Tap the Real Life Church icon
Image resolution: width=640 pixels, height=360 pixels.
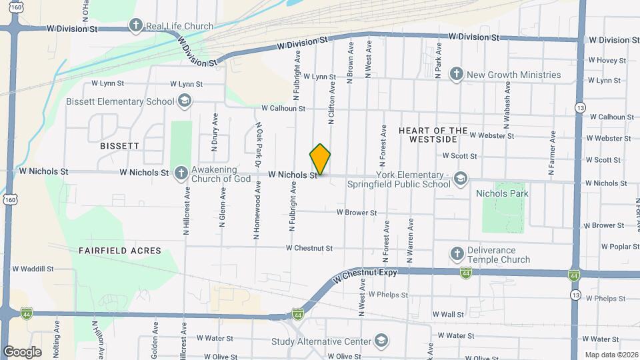pyautogui.click(x=136, y=27)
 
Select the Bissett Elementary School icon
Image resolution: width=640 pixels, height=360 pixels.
pyautogui.click(x=185, y=101)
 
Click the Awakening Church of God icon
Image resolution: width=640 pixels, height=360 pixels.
pyautogui.click(x=181, y=173)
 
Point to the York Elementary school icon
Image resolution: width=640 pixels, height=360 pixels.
pyautogui.click(x=460, y=179)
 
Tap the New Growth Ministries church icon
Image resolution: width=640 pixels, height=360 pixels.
pyautogui.click(x=457, y=75)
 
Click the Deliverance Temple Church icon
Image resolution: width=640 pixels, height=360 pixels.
pyautogui.click(x=457, y=253)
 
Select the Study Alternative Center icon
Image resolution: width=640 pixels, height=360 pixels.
pyautogui.click(x=381, y=341)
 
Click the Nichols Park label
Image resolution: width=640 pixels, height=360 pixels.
pyautogui.click(x=502, y=193)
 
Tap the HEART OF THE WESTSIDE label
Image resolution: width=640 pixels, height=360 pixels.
pyautogui.click(x=433, y=135)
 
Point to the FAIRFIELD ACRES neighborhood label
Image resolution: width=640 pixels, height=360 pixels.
pyautogui.click(x=120, y=251)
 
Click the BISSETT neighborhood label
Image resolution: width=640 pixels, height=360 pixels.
pyautogui.click(x=119, y=145)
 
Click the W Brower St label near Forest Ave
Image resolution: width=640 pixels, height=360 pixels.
pyautogui.click(x=357, y=213)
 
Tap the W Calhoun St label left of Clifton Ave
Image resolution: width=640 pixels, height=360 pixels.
pyautogui.click(x=283, y=108)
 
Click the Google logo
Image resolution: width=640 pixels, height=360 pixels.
pyautogui.click(x=22, y=352)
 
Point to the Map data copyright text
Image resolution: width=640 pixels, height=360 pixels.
pyautogui.click(x=611, y=355)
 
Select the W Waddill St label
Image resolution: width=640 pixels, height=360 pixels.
pyautogui.click(x=33, y=269)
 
